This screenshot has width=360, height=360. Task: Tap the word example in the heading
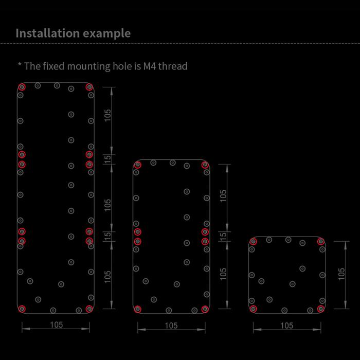pos(107,34)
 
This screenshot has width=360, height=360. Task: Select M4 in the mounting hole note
pos(150,66)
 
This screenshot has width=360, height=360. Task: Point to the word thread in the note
pos(173,66)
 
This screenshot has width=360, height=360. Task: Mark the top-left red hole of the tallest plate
pos(22,87)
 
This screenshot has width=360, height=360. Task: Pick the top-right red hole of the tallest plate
pos(89,87)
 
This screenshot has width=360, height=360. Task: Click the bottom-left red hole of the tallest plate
pos(22,309)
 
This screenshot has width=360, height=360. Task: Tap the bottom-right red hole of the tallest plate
pos(89,309)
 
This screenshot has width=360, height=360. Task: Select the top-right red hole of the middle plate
pos(205,165)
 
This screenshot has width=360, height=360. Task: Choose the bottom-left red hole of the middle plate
pos(137,309)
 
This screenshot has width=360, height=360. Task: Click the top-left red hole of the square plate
pos(253,241)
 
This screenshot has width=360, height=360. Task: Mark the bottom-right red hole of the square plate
pos(321,309)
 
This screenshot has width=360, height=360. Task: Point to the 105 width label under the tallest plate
pos(57,325)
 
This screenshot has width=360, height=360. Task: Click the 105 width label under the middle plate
pos(171,326)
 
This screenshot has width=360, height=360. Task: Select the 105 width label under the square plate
pos(287,326)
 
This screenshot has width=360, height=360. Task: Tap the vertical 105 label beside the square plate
pos(341,274)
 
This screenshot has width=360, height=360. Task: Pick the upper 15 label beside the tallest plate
pos(107,158)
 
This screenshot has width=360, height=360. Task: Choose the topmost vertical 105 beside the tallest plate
pos(107,115)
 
